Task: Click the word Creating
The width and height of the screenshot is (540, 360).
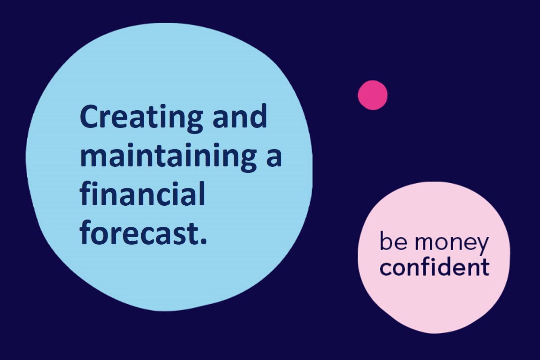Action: pos(141,118)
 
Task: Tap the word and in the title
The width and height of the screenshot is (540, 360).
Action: pos(240,116)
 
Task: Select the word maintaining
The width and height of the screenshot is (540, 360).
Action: pos(168,157)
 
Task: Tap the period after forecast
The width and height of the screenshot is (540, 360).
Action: pos(203,241)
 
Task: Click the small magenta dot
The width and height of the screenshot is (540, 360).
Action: pos(373,95)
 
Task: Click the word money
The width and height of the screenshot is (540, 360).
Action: pos(451,244)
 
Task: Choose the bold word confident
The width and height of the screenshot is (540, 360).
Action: pos(435,267)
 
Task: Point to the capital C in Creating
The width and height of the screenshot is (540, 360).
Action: pos(90,116)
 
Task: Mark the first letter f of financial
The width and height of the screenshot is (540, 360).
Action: pos(86,193)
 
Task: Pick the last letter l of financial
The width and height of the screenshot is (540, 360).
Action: pos(202,193)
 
